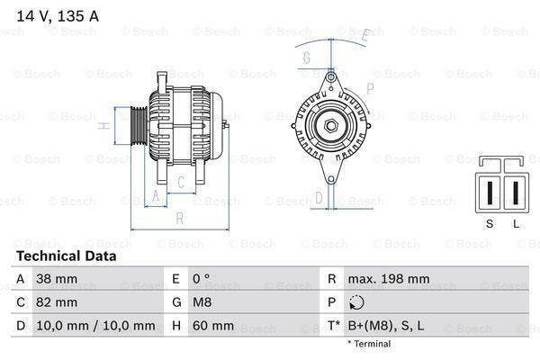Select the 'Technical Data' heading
pos(66,256)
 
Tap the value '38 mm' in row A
pos(55,279)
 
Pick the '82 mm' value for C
pos(55,301)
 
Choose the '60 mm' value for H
pos(211,325)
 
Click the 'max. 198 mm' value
pos(387,279)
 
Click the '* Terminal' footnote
pos(369,343)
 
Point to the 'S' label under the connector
pos(490,223)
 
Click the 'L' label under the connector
pos(516,223)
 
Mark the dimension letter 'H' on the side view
pos(105,126)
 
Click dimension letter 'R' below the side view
pos(180,219)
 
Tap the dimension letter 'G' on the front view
pos(306,58)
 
